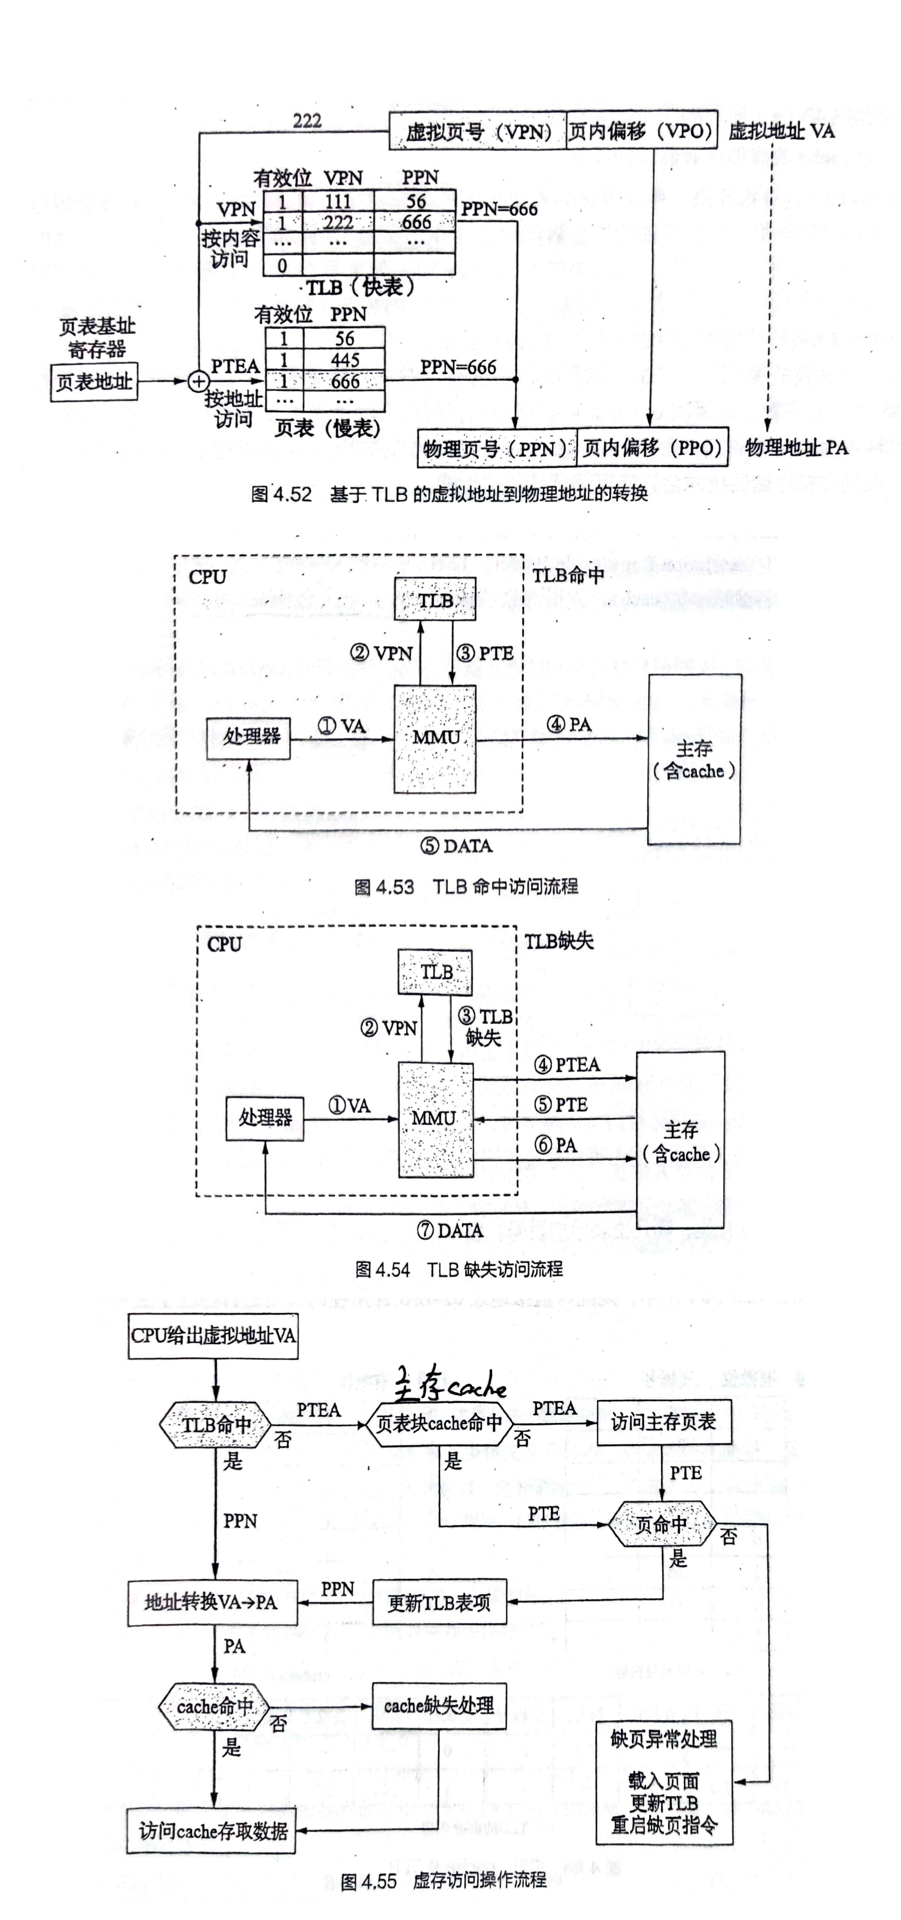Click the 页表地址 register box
pyautogui.click(x=94, y=382)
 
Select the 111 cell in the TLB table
pyautogui.click(x=338, y=201)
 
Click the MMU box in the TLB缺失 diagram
pyautogui.click(x=435, y=1118)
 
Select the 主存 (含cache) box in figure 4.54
pyautogui.click(x=680, y=1140)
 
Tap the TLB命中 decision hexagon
pyautogui.click(x=215, y=1424)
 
